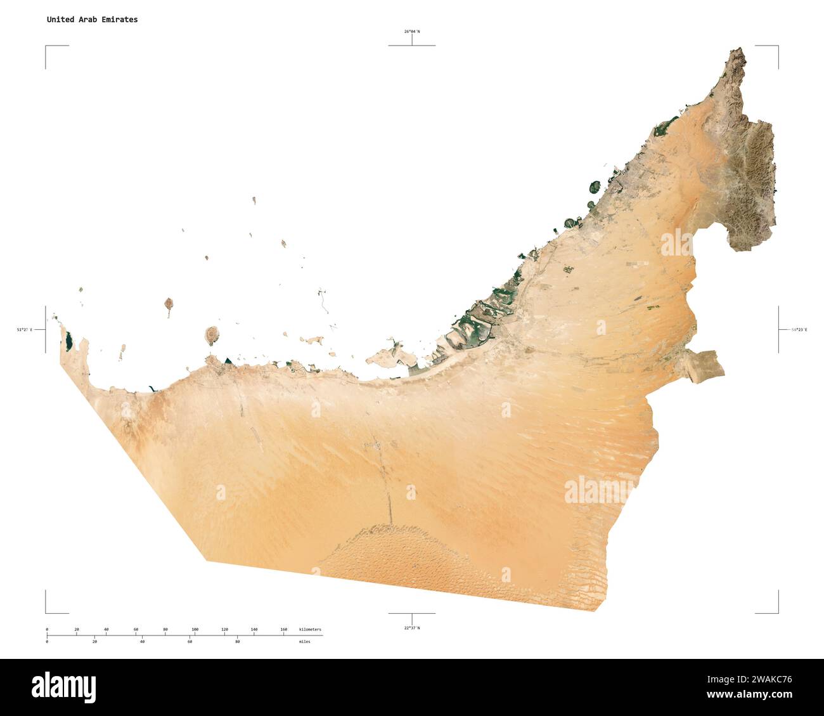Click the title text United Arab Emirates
pos(92,20)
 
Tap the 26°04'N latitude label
pos(411,31)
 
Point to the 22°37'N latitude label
pos(411,628)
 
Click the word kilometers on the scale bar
pos(310,629)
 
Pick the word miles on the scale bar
pos(305,642)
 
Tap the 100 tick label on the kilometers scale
pos(195,629)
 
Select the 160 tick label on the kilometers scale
pos(283,629)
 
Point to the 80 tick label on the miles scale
pos(237,642)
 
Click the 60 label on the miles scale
pos(190,642)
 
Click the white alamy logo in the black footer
pos(63,687)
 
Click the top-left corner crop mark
pos(46,47)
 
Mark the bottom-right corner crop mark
pos(777,612)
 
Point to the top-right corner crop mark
pos(777,47)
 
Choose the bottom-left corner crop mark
pos(46,612)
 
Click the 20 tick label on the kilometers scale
pos(77,629)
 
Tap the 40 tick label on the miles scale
pos(142,642)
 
